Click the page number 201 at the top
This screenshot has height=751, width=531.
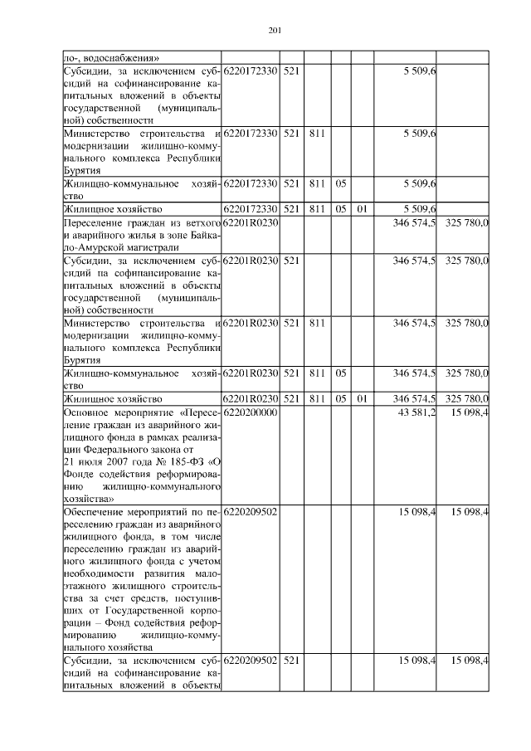[x=276, y=32]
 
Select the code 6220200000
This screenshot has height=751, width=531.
[x=250, y=413]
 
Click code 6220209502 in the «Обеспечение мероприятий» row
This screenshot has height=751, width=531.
[x=250, y=511]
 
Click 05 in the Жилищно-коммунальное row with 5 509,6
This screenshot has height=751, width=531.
[x=339, y=183]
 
